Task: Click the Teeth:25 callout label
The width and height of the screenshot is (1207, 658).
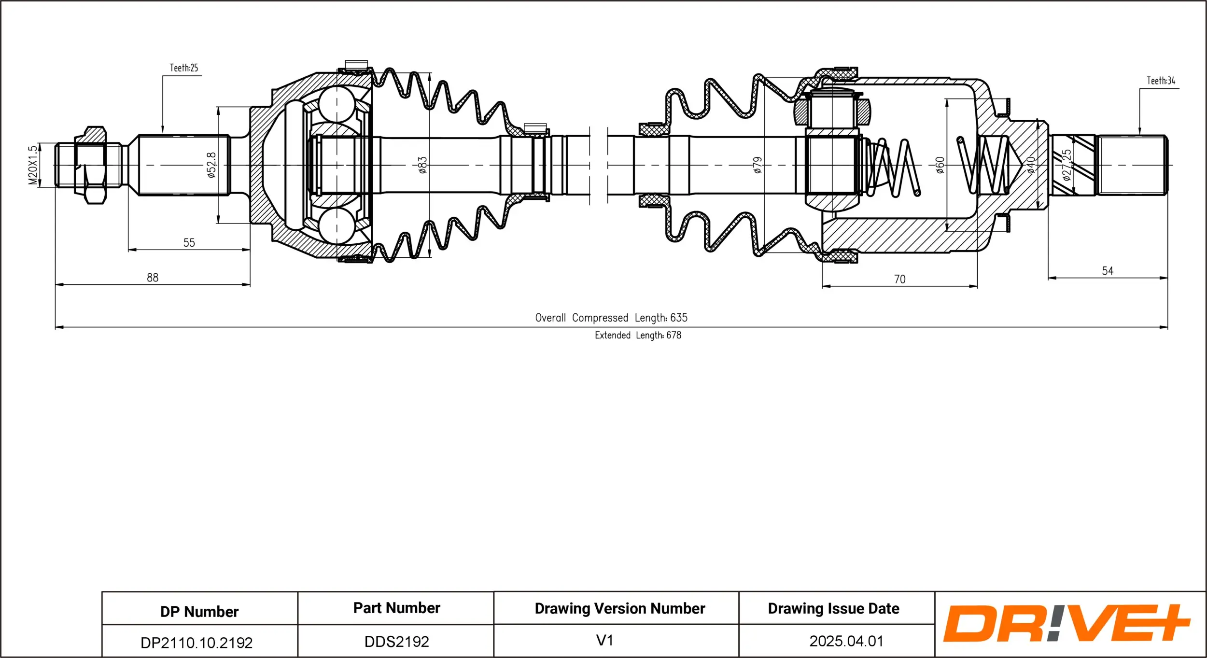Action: pos(183,68)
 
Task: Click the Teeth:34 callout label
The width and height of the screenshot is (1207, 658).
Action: pos(1161,81)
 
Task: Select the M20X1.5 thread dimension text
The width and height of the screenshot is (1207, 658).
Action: pos(33,165)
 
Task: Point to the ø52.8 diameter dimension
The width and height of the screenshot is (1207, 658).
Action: pos(211,165)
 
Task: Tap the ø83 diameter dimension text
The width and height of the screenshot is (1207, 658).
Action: pos(422,165)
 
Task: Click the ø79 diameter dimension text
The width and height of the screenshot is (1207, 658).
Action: pos(758,165)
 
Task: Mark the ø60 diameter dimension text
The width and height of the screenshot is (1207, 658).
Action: pos(940,165)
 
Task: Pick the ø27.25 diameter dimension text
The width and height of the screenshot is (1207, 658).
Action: pos(1067,165)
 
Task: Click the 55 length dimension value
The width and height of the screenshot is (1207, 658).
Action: pos(189,242)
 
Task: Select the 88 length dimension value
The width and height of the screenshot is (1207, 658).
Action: pos(153,277)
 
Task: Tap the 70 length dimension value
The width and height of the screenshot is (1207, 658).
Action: pos(899,279)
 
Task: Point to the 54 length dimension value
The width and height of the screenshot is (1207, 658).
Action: pos(1108,271)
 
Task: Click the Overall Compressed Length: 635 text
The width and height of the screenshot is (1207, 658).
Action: pos(611,318)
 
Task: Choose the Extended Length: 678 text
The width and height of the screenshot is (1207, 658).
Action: pos(637,335)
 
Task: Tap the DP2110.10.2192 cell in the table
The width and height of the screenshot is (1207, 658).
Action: pos(196,643)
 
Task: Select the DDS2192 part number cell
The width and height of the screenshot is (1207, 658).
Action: pos(396,642)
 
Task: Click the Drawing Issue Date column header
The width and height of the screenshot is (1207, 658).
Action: pos(833,608)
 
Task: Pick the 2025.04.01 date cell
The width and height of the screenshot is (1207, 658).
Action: pos(846,641)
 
